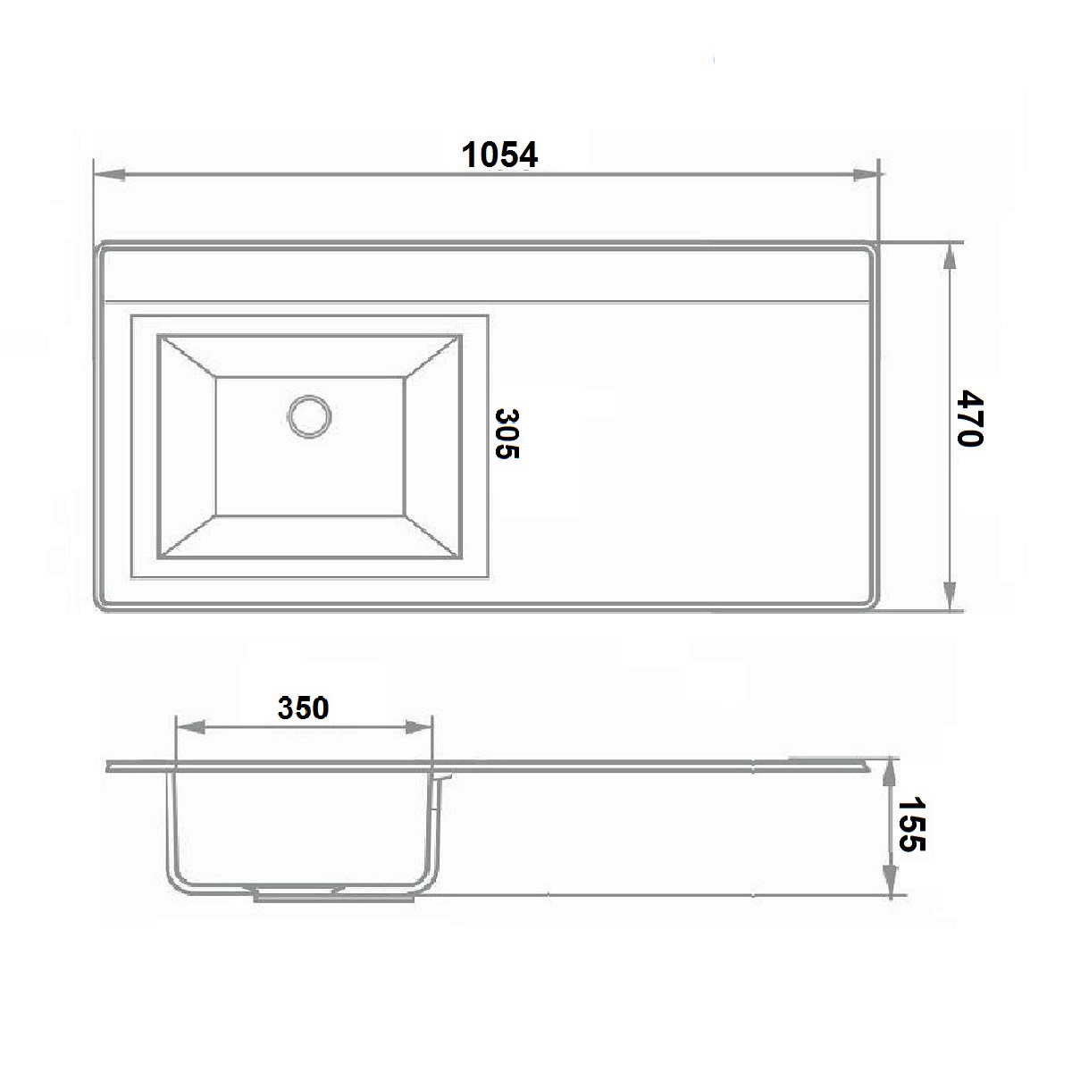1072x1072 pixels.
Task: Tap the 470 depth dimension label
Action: click(970, 417)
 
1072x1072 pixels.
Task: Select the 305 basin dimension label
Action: click(507, 434)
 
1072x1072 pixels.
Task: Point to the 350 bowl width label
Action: click(303, 708)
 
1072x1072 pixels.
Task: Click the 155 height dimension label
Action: click(912, 825)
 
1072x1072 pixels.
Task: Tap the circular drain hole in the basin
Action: click(309, 416)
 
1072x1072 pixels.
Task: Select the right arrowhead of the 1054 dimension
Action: click(867, 175)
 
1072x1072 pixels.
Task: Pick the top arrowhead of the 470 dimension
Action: click(950, 259)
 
